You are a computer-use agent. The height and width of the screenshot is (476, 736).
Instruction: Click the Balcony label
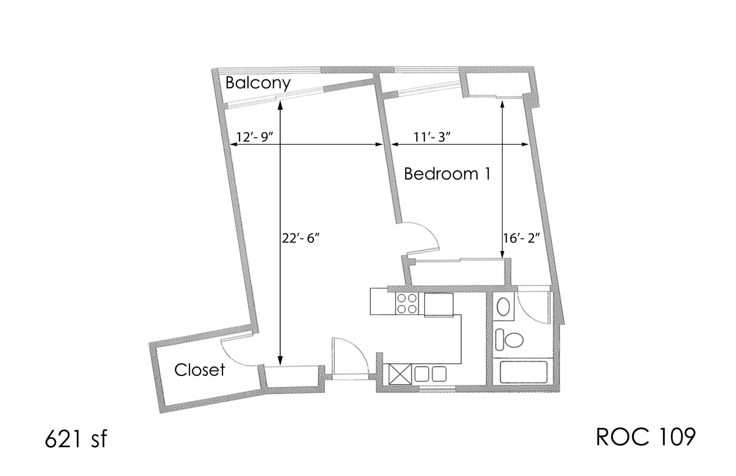point(258,83)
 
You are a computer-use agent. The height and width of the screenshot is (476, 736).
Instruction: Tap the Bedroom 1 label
point(447,174)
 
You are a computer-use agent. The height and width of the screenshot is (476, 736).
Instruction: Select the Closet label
point(199,370)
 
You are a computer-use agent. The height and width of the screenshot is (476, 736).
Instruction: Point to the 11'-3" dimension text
point(431,137)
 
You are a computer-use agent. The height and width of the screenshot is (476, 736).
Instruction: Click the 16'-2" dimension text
point(522,238)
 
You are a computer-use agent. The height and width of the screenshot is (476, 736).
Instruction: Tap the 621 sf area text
point(75,439)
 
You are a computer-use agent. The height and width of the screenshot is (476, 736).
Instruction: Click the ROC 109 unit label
point(646,437)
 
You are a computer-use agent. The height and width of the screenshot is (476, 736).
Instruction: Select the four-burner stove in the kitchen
point(407,304)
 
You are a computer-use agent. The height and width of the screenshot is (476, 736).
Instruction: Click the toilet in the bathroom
point(510,340)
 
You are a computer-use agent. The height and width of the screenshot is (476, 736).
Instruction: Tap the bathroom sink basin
point(503,306)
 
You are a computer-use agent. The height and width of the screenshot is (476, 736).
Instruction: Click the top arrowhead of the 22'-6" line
point(280,104)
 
